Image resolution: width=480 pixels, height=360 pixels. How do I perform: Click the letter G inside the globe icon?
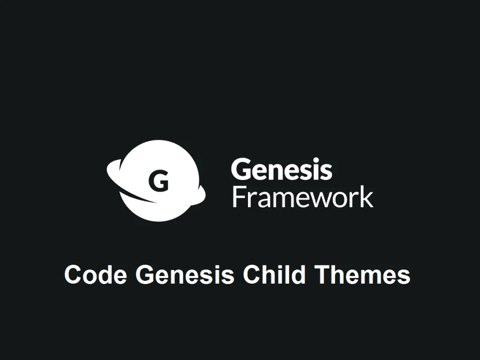[158, 181]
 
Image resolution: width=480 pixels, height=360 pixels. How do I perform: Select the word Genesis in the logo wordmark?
[282, 169]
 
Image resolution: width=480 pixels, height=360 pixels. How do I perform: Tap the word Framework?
[303, 196]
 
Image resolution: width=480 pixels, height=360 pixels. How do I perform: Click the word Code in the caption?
[96, 274]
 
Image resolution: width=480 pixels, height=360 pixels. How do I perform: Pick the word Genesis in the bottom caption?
[185, 274]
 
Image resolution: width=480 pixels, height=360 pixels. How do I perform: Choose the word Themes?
[362, 274]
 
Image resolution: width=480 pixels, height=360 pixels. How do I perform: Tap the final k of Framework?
[367, 196]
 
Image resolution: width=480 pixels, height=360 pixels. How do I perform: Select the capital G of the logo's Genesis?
[240, 169]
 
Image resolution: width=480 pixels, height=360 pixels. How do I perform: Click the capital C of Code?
[74, 274]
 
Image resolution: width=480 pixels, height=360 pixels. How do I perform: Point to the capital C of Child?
[252, 274]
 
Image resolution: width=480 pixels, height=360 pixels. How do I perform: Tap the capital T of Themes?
[322, 274]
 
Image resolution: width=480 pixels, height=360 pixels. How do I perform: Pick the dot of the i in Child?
[283, 266]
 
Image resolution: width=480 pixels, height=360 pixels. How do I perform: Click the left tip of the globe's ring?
[108, 169]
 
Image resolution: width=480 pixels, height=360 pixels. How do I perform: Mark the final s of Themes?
[403, 277]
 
